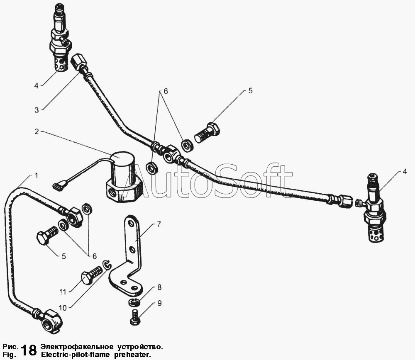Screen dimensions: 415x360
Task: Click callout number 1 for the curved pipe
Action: (37, 175)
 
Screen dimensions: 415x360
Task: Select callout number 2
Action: (37, 132)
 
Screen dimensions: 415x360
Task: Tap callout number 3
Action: (37, 110)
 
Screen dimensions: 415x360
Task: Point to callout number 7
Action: (158, 224)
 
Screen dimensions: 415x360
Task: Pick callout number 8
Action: (159, 287)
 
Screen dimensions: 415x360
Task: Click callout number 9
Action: (159, 303)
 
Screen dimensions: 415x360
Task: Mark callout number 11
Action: (62, 292)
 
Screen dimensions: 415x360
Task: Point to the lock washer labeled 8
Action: (133, 302)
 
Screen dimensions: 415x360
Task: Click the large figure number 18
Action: (28, 350)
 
